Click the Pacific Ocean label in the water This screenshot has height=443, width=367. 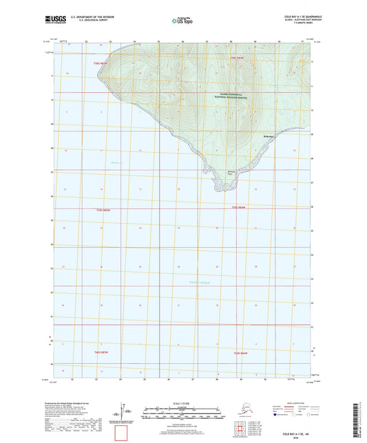point(200,281)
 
